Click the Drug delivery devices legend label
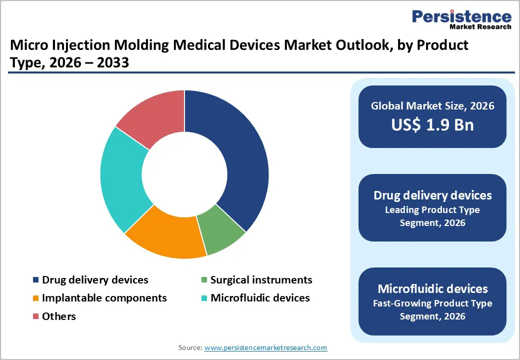[x=95, y=280]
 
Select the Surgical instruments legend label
[x=261, y=280]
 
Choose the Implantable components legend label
[x=104, y=298]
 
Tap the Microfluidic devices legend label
[x=260, y=298]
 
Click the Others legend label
[x=59, y=316]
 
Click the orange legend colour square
[x=35, y=298]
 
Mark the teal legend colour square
[x=203, y=298]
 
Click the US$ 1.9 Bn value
[x=432, y=125]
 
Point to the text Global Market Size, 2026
[x=432, y=105]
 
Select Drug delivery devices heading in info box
[x=432, y=195]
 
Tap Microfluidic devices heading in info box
[x=432, y=288]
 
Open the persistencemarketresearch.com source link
[x=265, y=347]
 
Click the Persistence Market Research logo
[x=461, y=20]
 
